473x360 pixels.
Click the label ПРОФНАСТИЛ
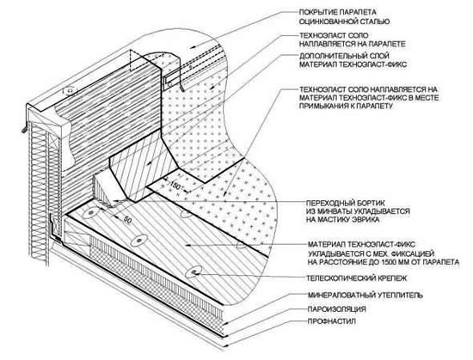tap(331, 321)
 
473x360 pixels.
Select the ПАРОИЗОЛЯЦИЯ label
tap(336, 309)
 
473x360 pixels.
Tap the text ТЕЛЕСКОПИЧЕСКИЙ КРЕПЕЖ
tap(357, 278)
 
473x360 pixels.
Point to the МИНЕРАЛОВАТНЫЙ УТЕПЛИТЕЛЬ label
tap(365, 295)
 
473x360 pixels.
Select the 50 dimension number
tap(127, 220)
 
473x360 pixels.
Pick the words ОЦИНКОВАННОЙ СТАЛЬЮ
tap(344, 21)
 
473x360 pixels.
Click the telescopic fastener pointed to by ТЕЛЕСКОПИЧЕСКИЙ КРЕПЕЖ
tap(193, 272)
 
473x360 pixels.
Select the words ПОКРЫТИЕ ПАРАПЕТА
tap(338, 12)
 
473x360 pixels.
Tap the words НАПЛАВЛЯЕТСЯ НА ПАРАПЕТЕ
tap(352, 44)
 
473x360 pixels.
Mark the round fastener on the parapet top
tap(70, 90)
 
